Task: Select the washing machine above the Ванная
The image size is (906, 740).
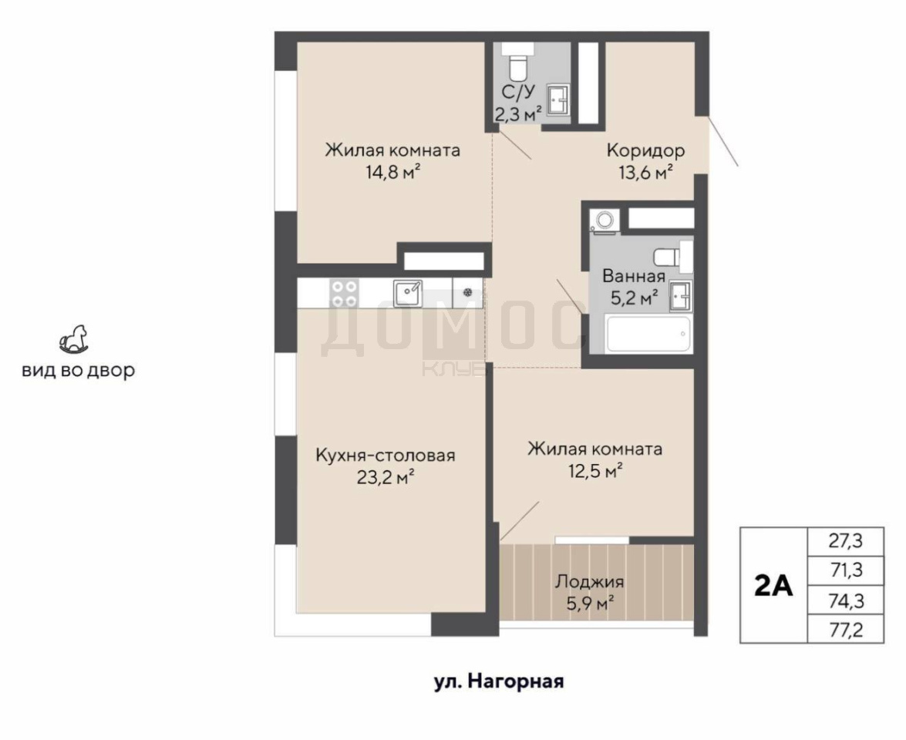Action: pyautogui.click(x=605, y=220)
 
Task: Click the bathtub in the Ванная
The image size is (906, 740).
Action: pyautogui.click(x=648, y=334)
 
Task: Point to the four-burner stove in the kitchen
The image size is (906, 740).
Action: pyautogui.click(x=344, y=293)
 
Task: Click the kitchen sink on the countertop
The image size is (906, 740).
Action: pyautogui.click(x=408, y=293)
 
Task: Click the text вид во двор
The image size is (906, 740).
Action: pyautogui.click(x=79, y=370)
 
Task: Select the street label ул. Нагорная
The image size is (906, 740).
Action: pyautogui.click(x=499, y=681)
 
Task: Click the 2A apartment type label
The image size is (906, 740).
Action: pyautogui.click(x=773, y=586)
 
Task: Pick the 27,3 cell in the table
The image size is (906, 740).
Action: pyautogui.click(x=845, y=541)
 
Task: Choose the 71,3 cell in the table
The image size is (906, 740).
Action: pyautogui.click(x=845, y=570)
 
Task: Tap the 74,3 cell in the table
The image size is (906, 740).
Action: pyautogui.click(x=845, y=600)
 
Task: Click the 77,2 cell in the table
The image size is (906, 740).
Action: pyautogui.click(x=845, y=629)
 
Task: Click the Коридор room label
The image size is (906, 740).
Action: pyautogui.click(x=645, y=151)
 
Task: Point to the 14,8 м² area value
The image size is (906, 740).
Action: pyautogui.click(x=392, y=172)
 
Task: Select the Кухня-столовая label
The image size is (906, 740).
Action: pyautogui.click(x=386, y=456)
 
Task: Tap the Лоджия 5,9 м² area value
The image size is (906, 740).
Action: pyautogui.click(x=589, y=604)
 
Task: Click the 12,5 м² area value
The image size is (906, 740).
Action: pyautogui.click(x=594, y=471)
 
